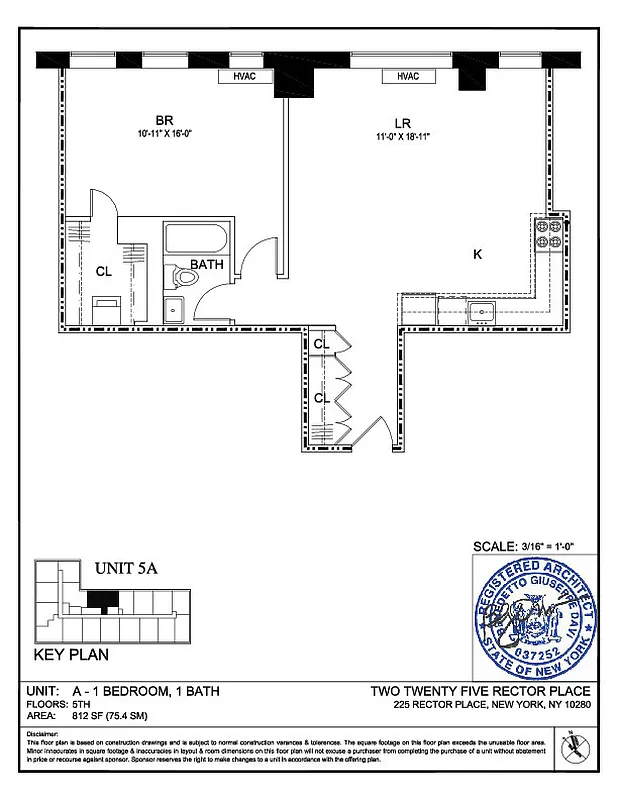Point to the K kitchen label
tap(477, 255)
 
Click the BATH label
tap(207, 265)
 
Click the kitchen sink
tap(481, 313)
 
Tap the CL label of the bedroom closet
tap(103, 271)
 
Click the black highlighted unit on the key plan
tap(102, 598)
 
